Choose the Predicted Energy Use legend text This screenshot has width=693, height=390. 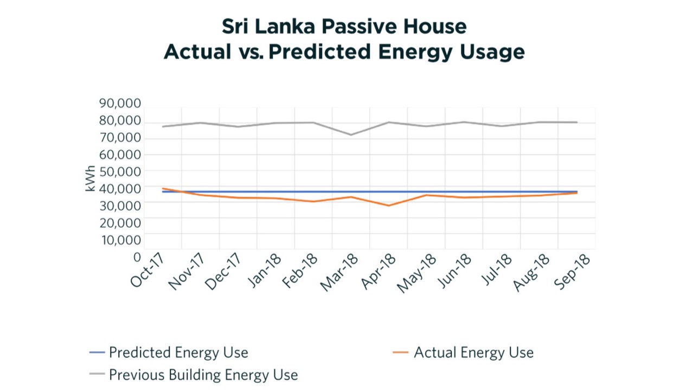coord(178,353)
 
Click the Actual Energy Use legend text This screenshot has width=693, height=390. coord(473,353)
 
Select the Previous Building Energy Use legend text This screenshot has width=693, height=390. coord(203,375)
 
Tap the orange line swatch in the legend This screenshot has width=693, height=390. coord(400,353)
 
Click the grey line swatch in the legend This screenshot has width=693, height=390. coord(97,375)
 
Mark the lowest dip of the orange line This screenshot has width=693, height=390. coord(388,206)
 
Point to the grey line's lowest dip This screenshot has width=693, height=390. coord(351,135)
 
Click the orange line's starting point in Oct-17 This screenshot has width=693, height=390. coord(163,189)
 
